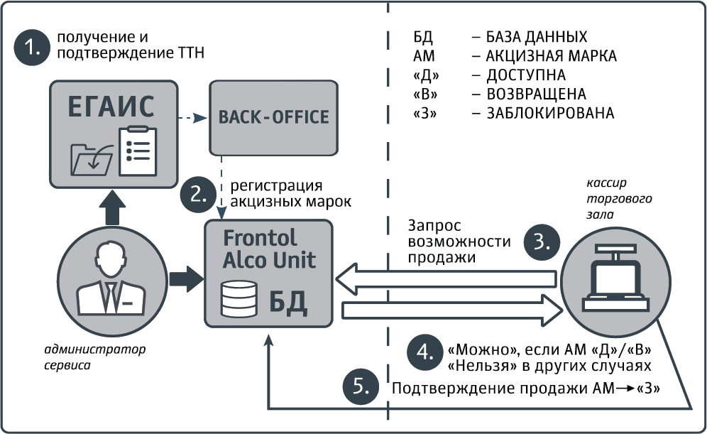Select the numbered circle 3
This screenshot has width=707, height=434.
(541, 242)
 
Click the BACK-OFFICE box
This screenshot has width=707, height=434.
(273, 116)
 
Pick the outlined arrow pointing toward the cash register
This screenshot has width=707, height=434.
(450, 310)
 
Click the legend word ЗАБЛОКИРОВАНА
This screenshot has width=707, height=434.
(549, 113)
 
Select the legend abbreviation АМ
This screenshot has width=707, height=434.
(422, 55)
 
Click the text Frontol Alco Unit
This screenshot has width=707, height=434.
(270, 248)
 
